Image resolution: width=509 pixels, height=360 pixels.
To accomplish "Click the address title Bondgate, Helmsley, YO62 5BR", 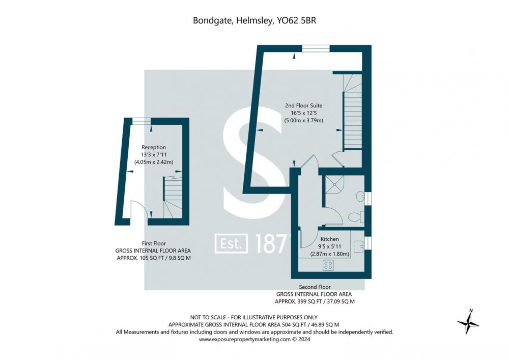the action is [254, 20].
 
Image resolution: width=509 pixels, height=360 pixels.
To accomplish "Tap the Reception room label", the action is [154, 147].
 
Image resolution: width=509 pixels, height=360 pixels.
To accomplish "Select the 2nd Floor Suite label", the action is [303, 105].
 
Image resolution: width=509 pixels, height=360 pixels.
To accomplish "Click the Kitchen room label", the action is [329, 239].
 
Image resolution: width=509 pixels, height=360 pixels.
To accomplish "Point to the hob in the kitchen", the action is [328, 265].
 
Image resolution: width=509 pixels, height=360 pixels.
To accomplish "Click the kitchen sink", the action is [358, 246].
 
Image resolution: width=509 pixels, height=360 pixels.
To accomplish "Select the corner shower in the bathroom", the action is [334, 184].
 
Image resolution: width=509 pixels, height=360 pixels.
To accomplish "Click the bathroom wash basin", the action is [361, 196].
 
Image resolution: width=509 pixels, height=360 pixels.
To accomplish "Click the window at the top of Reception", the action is [142, 121].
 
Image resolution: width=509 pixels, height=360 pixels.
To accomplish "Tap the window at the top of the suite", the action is [316, 48].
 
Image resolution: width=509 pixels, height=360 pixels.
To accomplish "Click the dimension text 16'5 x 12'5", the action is [303, 113].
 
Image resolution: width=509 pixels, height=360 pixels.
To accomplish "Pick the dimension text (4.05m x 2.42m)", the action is [154, 162].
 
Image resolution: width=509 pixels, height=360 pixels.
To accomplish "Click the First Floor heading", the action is [154, 243].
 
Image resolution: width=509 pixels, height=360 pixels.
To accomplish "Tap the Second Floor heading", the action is [315, 287].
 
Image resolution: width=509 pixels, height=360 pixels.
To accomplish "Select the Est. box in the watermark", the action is [231, 243].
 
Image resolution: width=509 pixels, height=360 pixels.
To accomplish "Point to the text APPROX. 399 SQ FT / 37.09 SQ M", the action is [315, 301].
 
